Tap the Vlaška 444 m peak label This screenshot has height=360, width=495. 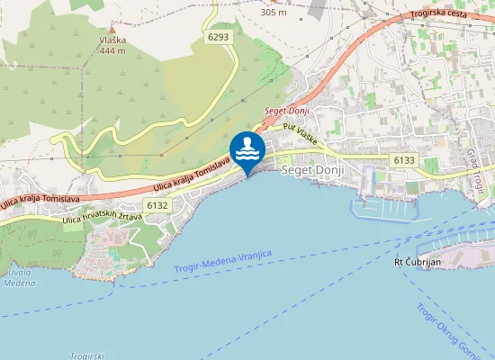pyautogui.click(x=112, y=46)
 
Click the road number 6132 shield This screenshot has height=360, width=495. pyautogui.click(x=157, y=205)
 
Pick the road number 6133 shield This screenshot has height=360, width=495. pyautogui.click(x=404, y=160)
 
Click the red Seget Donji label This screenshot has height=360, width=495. pyautogui.click(x=287, y=111)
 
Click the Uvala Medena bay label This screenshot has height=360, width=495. pyautogui.click(x=18, y=278)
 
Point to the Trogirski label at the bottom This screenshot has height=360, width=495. pyautogui.click(x=87, y=355)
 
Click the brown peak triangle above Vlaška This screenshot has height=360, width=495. pyautogui.click(x=112, y=29)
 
